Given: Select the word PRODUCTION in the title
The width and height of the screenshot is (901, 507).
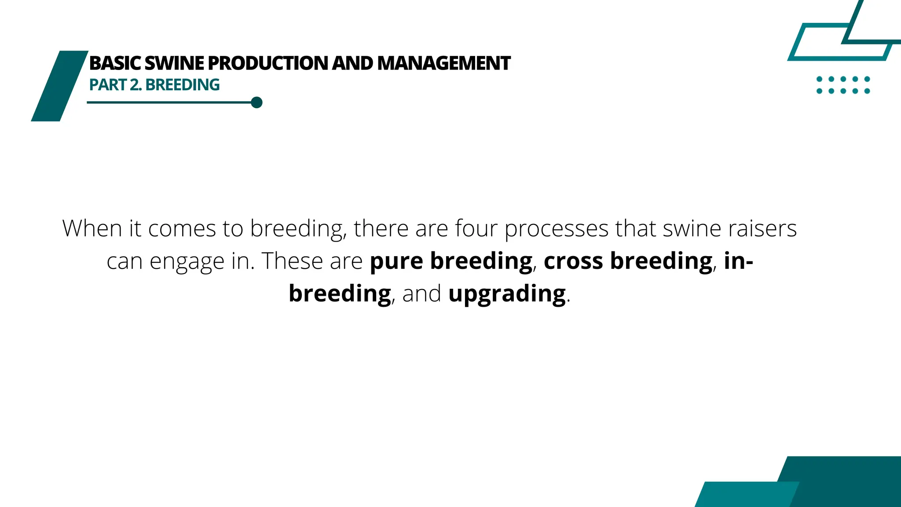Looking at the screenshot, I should [268, 63].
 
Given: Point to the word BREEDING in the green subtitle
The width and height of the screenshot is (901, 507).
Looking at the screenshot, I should [183, 85].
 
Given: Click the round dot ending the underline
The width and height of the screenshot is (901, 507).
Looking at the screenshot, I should [257, 103].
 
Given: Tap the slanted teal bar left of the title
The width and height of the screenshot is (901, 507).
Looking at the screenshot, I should [59, 86].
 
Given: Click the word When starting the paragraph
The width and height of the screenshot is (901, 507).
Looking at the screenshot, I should [92, 229].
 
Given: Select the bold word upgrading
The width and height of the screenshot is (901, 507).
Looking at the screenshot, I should [507, 294].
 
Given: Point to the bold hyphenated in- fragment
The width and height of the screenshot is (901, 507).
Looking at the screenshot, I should [738, 261].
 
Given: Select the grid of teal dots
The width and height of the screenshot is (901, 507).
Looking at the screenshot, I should [843, 85].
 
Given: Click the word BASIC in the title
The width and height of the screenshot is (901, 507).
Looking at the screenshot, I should [115, 63].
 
